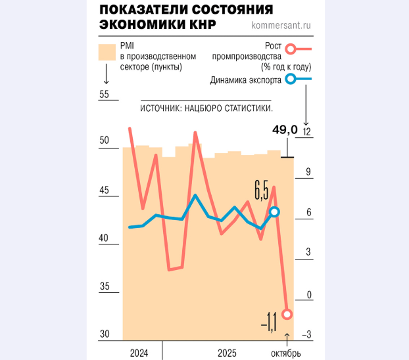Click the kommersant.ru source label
tap(281, 26)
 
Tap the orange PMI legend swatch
tap(106, 53)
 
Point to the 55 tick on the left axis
tap(104, 95)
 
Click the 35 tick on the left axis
tap(104, 286)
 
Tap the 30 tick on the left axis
tap(104, 334)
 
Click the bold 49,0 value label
tap(285, 129)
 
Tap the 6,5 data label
tap(261, 192)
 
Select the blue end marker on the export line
tap(275, 212)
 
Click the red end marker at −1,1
tap(287, 314)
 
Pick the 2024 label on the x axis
tap(139, 353)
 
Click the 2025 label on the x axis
tap(227, 353)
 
